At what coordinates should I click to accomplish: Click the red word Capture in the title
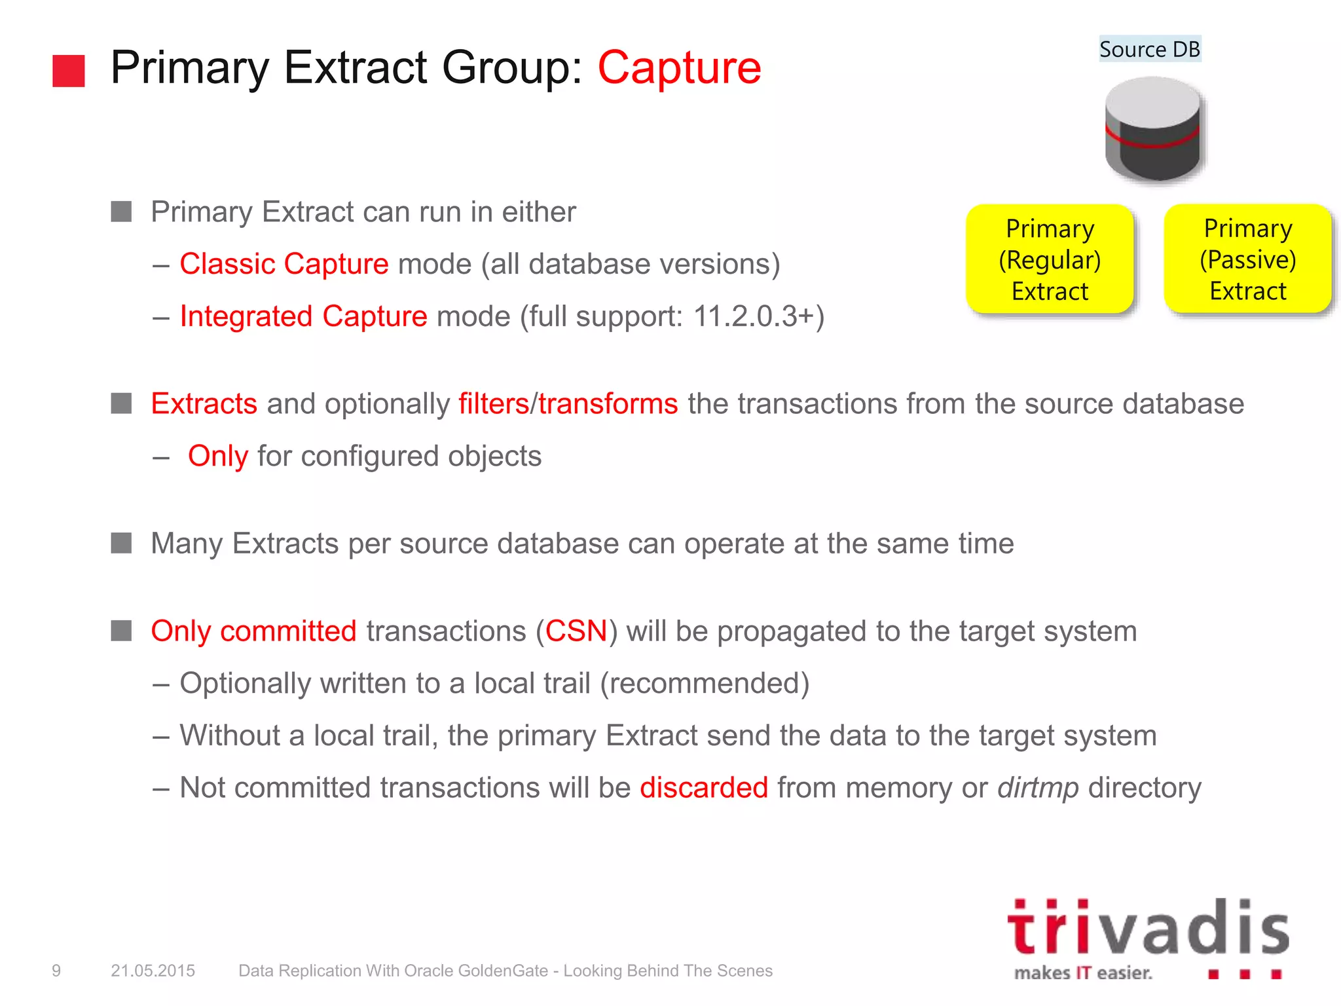(679, 67)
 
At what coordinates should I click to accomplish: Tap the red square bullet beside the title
(69, 71)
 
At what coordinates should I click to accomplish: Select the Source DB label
(1149, 49)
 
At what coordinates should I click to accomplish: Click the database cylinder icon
(1152, 129)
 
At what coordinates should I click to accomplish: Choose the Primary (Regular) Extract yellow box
(1050, 259)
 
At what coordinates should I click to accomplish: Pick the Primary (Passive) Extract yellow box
(1247, 259)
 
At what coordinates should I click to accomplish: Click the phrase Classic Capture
(284, 264)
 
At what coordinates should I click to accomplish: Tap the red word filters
(493, 403)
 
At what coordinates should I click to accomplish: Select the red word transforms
(608, 403)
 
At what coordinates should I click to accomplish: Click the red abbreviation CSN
(576, 631)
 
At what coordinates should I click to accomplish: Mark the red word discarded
(704, 787)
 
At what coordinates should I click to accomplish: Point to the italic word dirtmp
(1038, 787)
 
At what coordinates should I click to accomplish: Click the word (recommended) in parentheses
(705, 683)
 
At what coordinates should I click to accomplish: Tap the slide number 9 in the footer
(56, 971)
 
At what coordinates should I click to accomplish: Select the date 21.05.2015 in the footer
(153, 971)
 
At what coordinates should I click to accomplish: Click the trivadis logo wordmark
(1148, 928)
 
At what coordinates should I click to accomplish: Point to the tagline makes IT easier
(1083, 973)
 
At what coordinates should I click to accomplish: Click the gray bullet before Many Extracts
(121, 543)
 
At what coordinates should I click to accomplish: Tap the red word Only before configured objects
(218, 456)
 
